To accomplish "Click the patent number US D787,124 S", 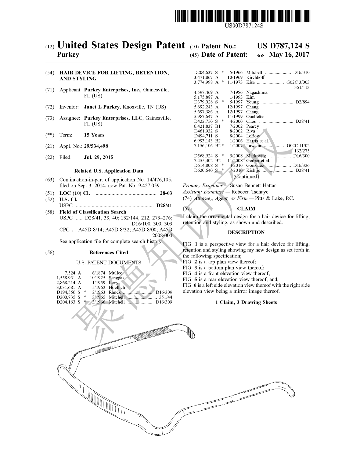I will coord(283,46).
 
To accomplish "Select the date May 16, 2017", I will coord(289,55).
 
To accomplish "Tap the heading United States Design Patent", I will coord(121,45).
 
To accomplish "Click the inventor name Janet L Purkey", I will coord(102,107).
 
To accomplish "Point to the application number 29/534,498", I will coord(96,146).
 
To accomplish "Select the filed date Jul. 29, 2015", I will coord(99,157).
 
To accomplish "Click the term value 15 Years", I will coord(94,135).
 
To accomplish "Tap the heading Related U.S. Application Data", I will coord(109,171).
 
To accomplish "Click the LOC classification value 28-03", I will coord(166,193).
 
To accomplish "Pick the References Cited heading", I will coord(109,253).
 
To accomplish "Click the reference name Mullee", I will coord(115,273).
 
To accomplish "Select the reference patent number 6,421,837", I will coord(203,126).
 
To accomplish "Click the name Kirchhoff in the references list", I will coord(256,77).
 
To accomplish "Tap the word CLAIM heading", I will coord(246,209).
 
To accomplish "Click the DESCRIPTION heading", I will coord(246,232).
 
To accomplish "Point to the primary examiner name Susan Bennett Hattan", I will coord(253,185).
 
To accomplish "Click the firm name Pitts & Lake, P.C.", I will coord(275,198).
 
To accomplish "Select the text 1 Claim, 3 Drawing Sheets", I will coord(246,302).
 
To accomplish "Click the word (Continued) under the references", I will coord(246,176).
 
